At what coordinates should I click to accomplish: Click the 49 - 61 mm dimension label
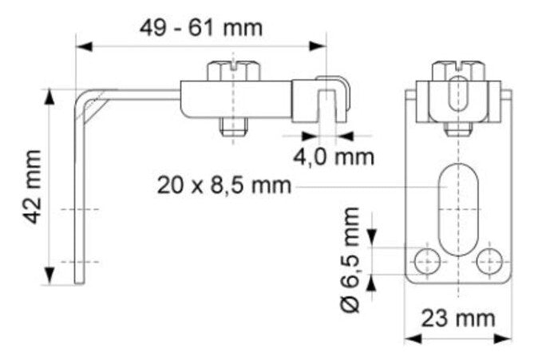(201, 28)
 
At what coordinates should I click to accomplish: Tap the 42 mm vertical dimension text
(34, 187)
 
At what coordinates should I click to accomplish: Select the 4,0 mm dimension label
(334, 157)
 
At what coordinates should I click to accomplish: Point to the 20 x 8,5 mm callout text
(224, 185)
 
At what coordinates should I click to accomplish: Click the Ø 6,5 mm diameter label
(350, 259)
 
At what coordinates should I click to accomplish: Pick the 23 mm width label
(458, 318)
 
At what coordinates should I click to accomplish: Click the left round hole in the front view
(427, 262)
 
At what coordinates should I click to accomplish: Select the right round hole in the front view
(489, 262)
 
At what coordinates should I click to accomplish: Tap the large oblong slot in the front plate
(458, 209)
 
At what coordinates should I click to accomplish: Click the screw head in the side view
(234, 71)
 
